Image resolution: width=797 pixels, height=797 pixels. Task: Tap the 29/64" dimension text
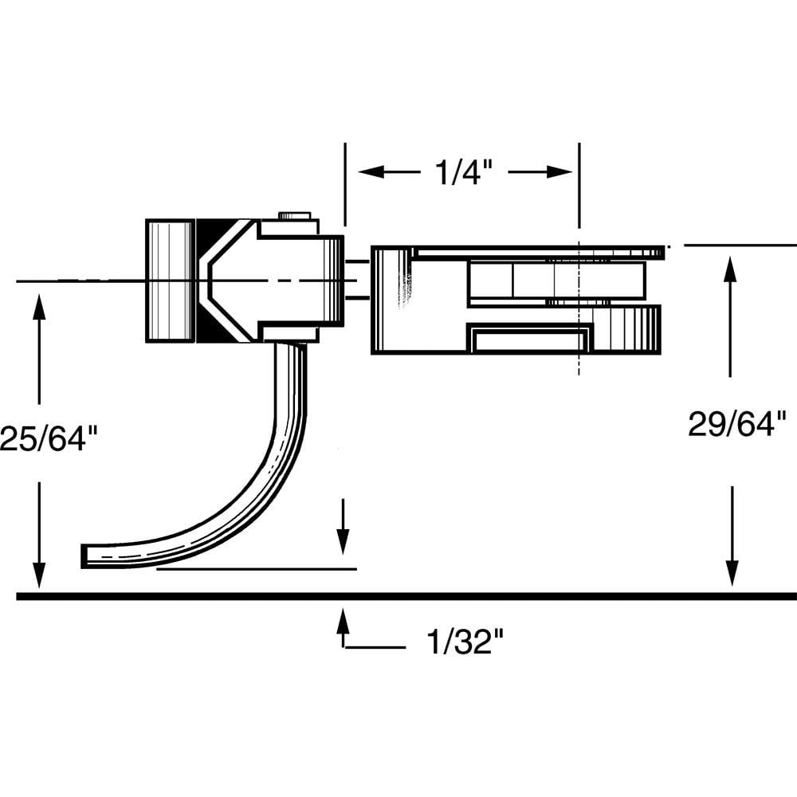[x=737, y=423]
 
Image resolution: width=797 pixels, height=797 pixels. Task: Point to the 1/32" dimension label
[x=466, y=642]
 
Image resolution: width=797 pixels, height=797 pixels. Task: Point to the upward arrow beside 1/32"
[x=344, y=622]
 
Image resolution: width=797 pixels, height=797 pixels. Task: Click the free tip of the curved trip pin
[x=86, y=556]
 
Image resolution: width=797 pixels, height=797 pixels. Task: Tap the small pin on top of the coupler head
[x=294, y=215]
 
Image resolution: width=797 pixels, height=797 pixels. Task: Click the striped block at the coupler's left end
[x=170, y=281]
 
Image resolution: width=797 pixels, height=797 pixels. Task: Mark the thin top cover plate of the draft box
[x=538, y=253]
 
